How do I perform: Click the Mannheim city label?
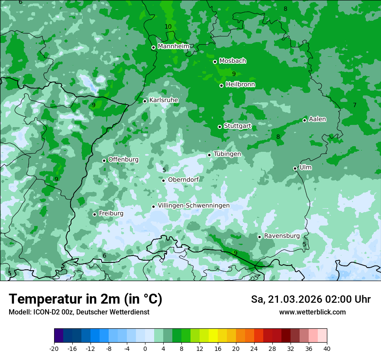coord(174,46)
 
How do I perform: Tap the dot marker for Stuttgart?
coord(220,127)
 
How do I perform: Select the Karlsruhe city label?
coord(163,100)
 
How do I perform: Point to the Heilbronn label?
coord(240,85)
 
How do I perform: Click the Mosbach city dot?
coord(215,62)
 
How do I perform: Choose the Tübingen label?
coord(227,154)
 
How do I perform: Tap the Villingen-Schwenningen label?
coord(194,206)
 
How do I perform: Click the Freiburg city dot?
coord(94,214)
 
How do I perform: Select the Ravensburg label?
coord(281,236)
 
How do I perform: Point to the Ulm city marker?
coord(295,168)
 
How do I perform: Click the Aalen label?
coord(317,119)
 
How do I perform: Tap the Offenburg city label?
coord(123,160)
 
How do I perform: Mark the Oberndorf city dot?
coord(163,180)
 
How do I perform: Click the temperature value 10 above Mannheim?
coord(168,27)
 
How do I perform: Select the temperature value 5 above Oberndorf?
coord(164,170)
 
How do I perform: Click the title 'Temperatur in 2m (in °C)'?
coord(85,299)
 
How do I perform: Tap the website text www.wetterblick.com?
coord(312,312)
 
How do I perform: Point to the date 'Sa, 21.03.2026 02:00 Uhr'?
coord(310,299)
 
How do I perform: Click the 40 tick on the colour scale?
coord(326,348)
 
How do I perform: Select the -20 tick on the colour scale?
coord(54,348)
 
